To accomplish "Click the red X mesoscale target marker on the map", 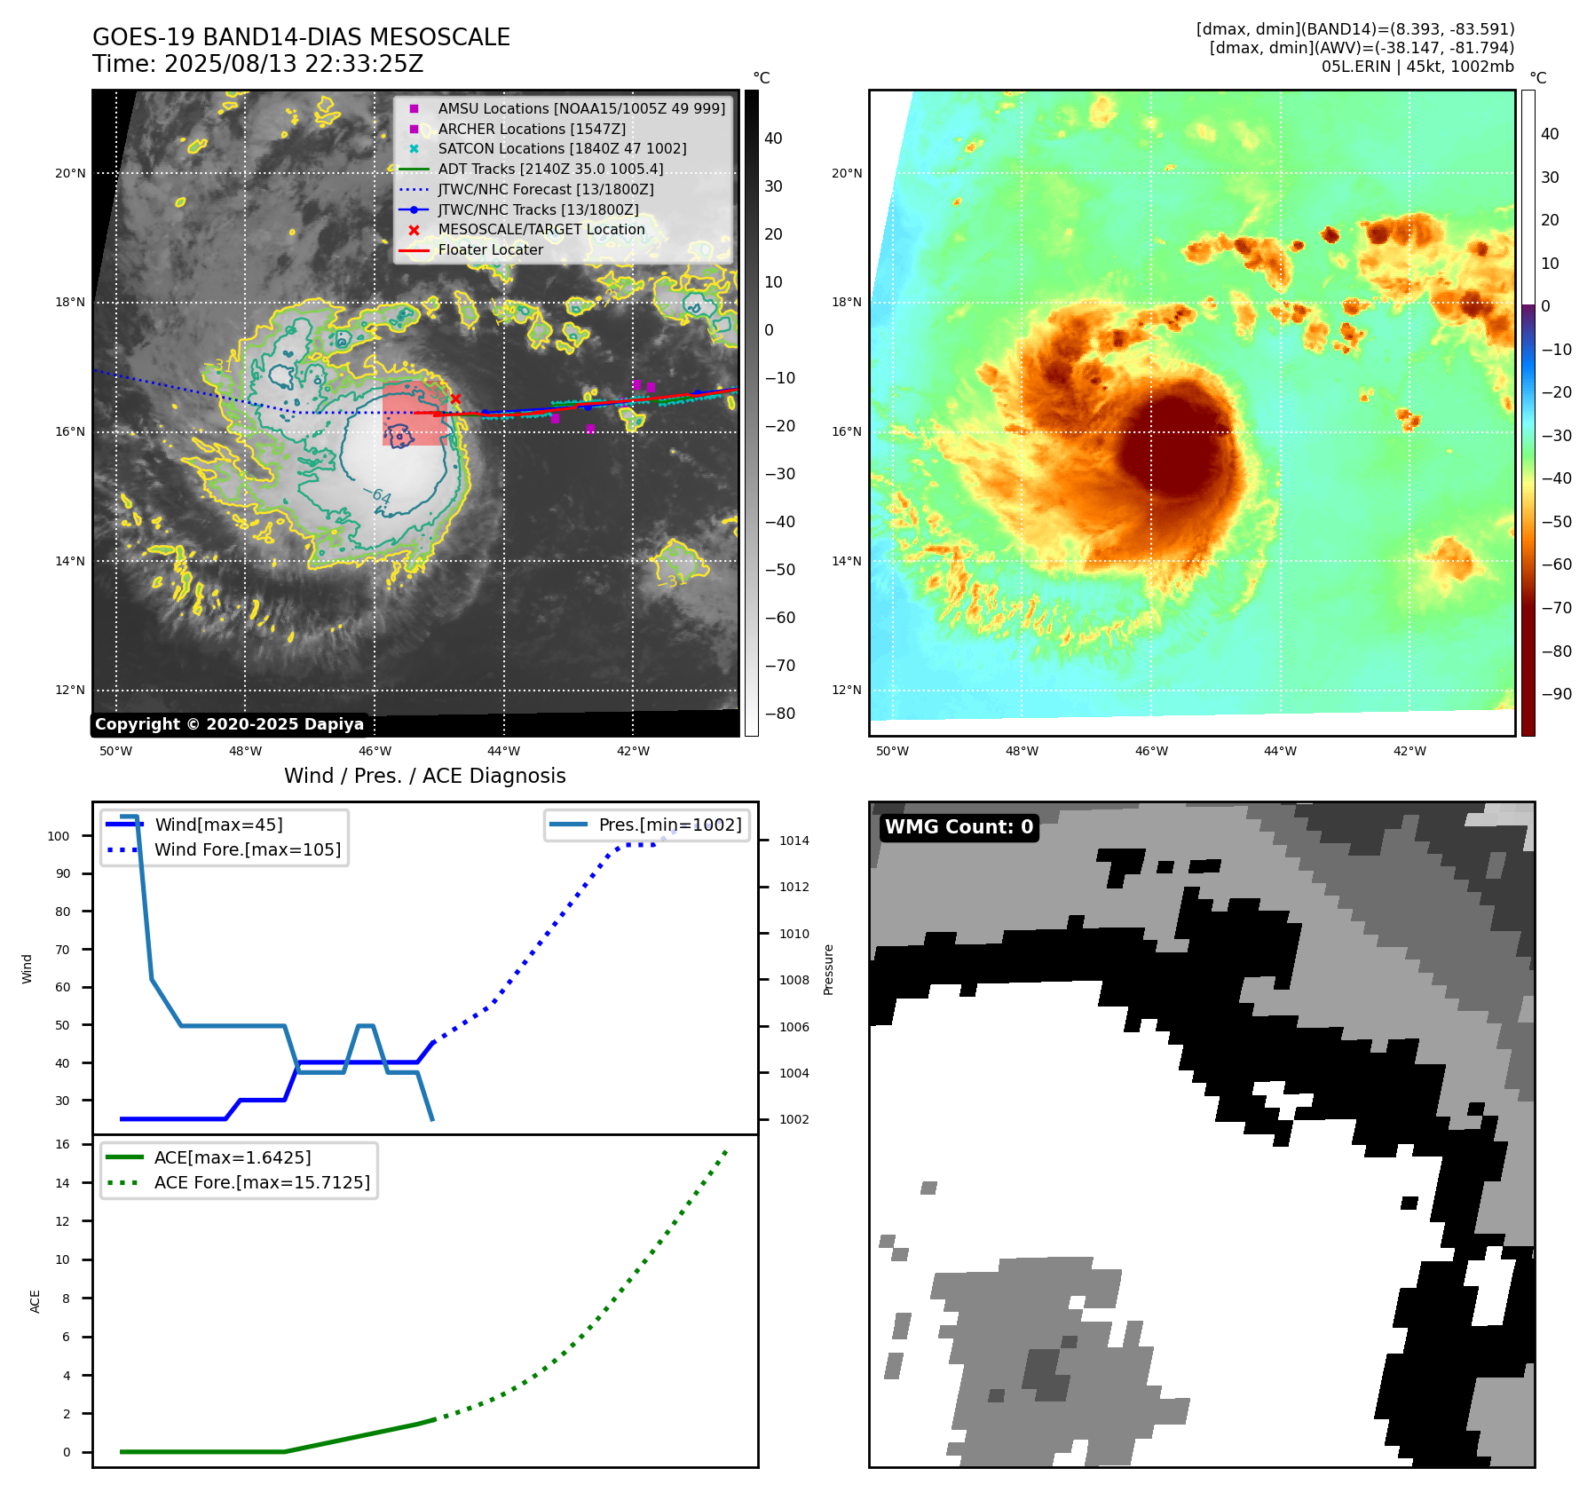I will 455,399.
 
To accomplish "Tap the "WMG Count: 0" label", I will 959,827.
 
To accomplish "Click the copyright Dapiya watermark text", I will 229,724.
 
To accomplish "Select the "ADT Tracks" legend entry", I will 550,169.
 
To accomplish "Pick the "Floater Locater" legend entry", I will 490,250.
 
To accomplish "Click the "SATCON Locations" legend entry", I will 562,149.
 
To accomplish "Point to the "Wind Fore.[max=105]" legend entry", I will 247,849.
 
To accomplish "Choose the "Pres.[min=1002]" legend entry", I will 669,825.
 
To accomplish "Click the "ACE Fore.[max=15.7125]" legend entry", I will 262,1182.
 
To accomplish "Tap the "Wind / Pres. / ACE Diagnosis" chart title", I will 424,776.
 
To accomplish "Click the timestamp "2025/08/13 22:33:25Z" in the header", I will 294,65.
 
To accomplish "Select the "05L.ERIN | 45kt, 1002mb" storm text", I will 1417,67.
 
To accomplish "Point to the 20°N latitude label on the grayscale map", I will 70,174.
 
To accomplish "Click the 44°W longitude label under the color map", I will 1280,751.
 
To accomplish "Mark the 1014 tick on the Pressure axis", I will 794,841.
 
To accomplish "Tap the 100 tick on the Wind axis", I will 59,836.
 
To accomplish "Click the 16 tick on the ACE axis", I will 62,1144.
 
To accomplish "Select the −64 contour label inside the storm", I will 377,495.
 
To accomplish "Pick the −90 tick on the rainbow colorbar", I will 1556,694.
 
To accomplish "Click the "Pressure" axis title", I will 829,969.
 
